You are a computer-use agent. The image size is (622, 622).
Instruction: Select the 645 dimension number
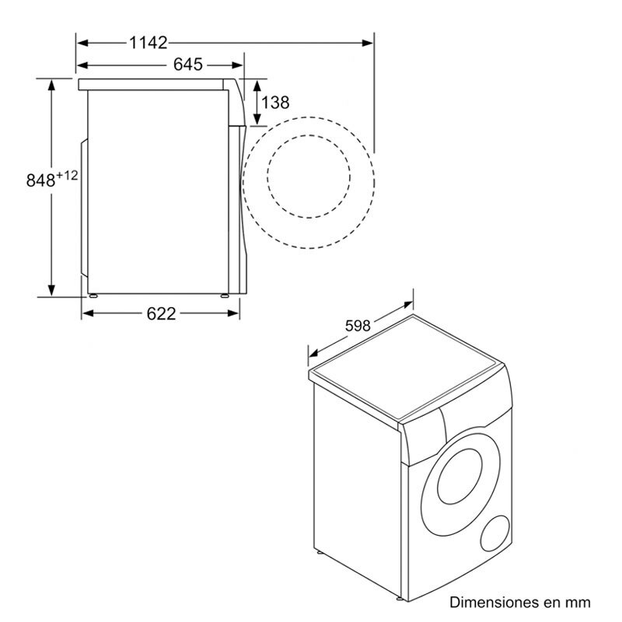[x=189, y=65]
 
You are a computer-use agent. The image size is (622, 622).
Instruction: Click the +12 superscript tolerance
[x=67, y=175]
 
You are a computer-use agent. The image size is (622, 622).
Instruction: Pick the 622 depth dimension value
[x=161, y=313]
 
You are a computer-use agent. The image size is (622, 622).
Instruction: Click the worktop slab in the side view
[x=155, y=82]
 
